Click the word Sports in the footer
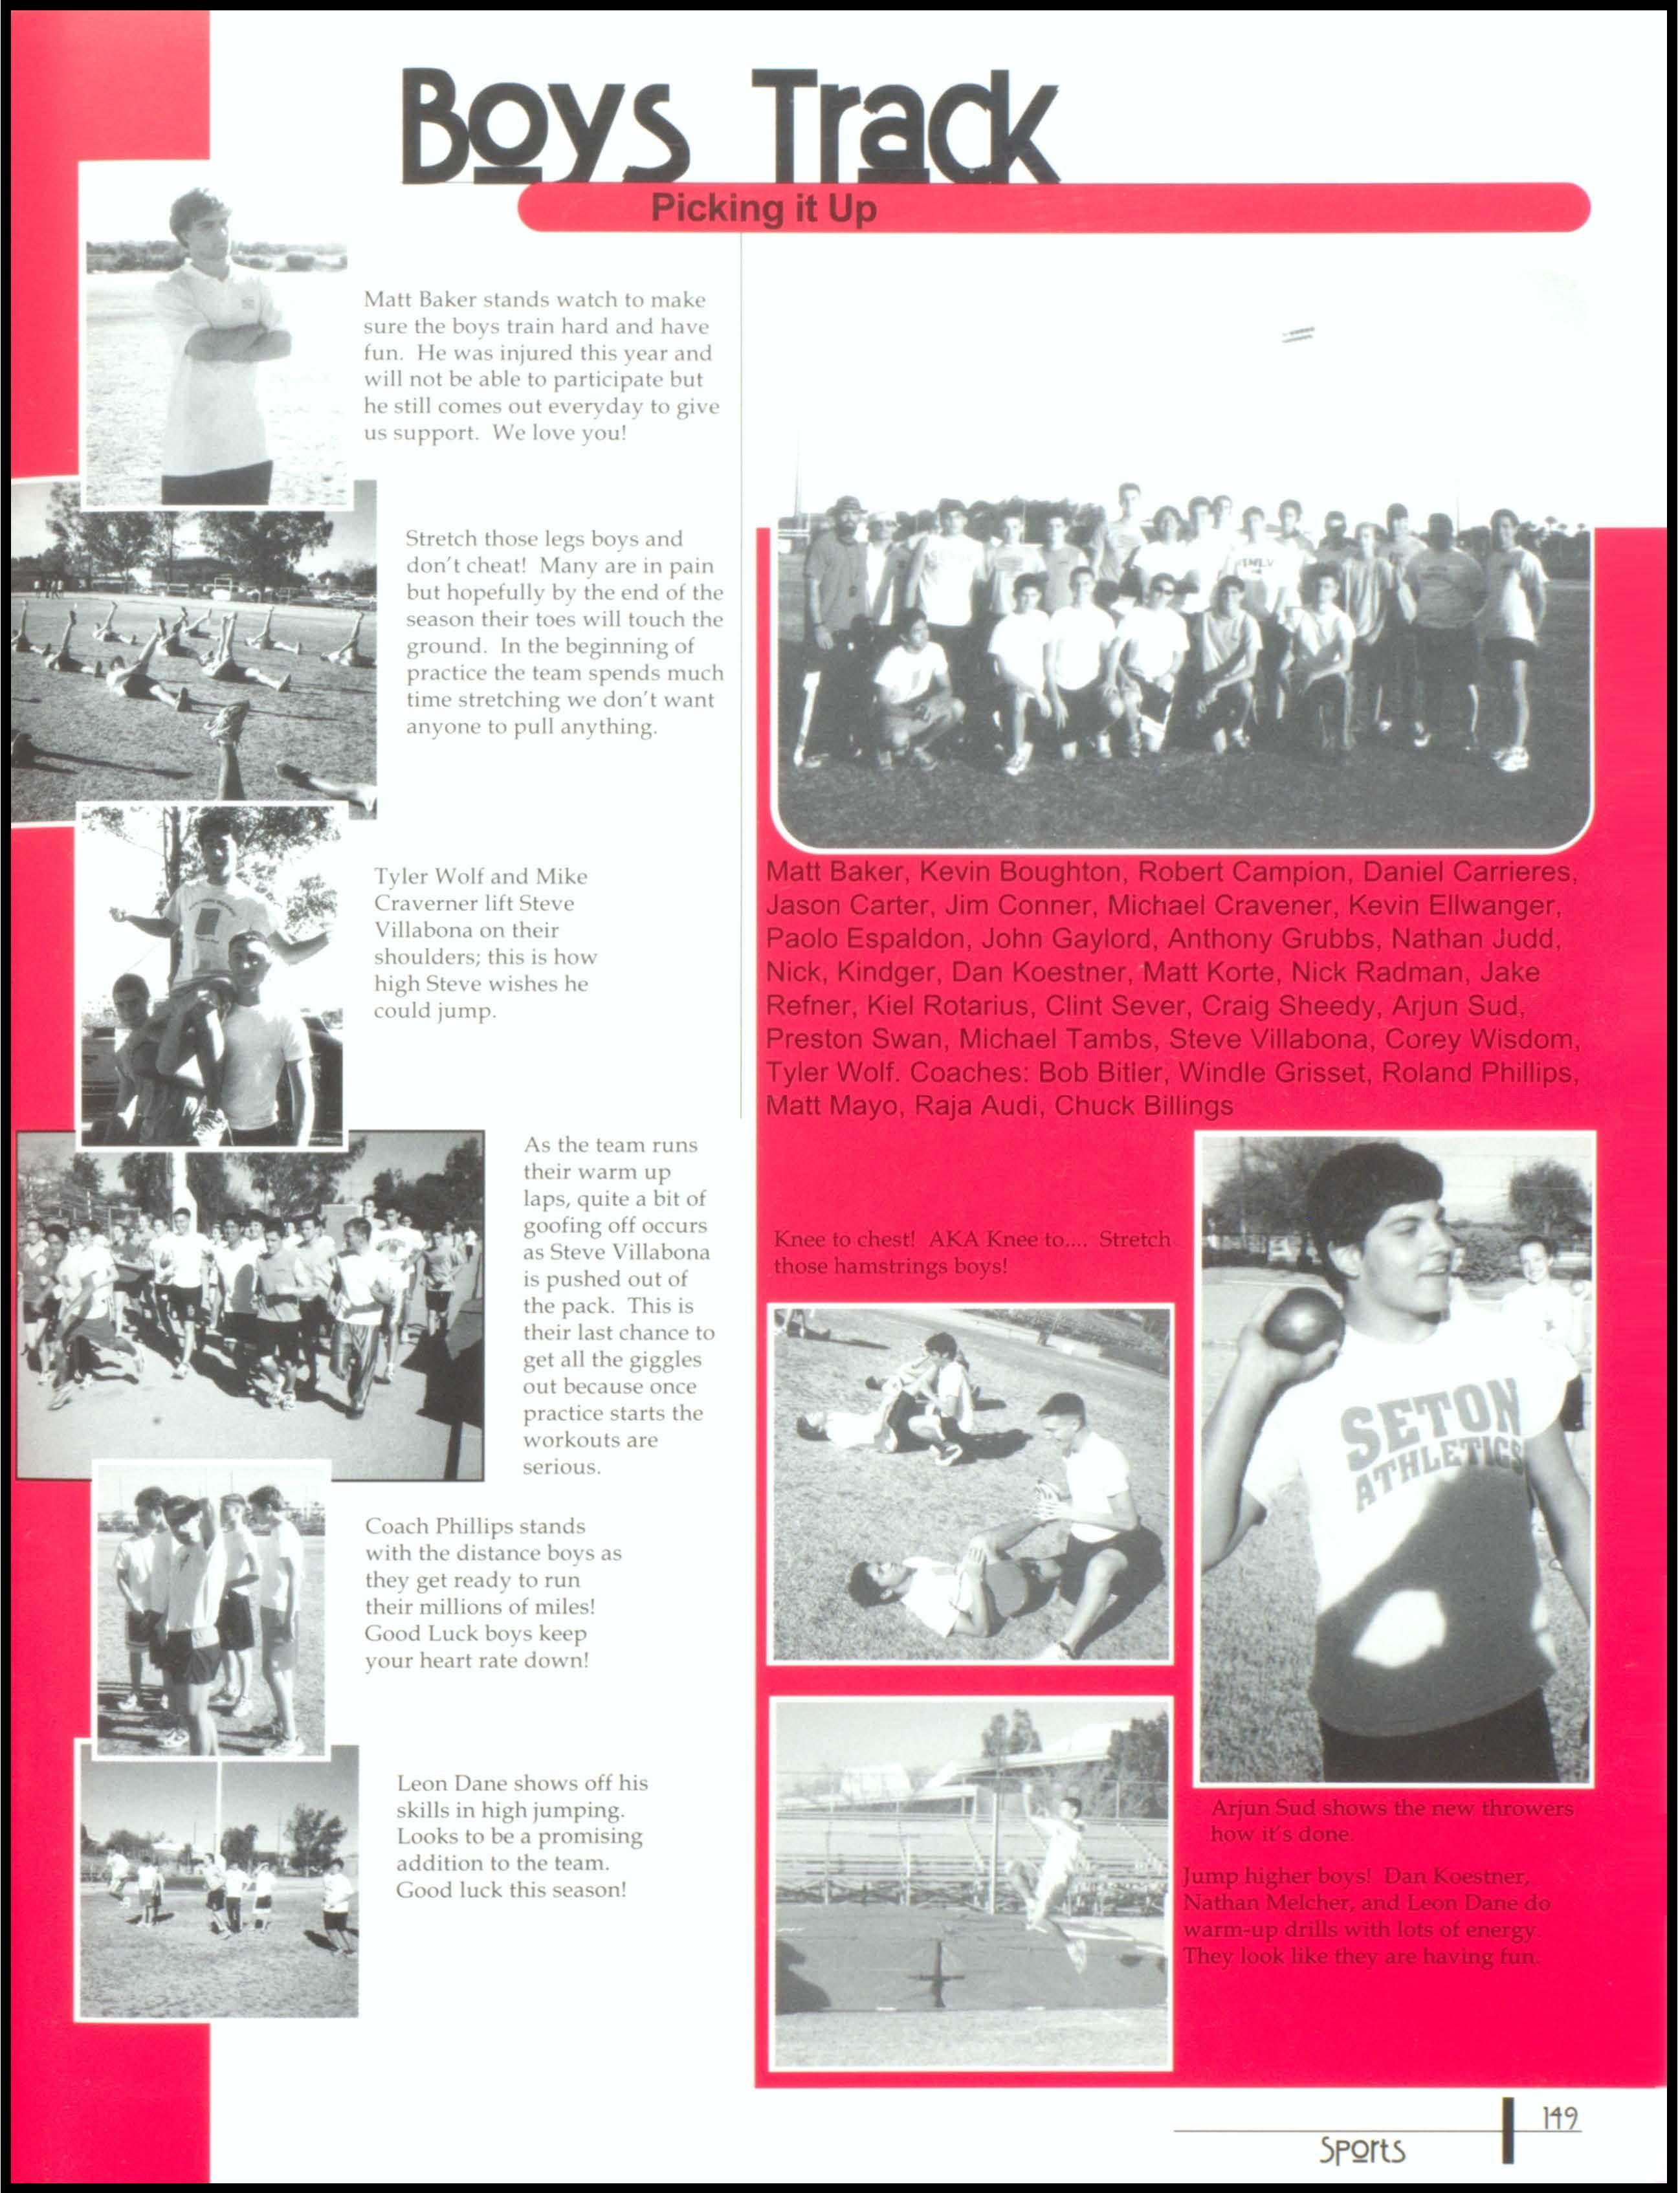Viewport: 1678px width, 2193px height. tap(1362, 2149)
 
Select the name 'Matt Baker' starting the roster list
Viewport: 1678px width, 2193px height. tap(835, 872)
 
